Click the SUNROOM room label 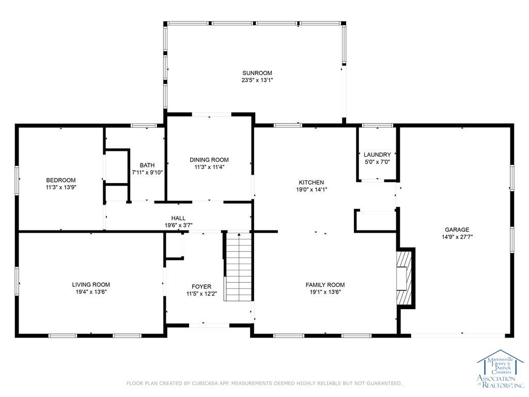click(x=257, y=73)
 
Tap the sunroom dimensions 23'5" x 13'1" click(x=257, y=80)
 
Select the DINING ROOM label click(x=209, y=160)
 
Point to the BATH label click(x=147, y=165)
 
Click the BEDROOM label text click(x=61, y=180)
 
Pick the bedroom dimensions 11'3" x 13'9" click(x=61, y=187)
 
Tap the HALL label click(x=178, y=218)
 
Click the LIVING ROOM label click(x=91, y=285)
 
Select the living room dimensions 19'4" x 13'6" click(x=91, y=292)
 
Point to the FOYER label click(x=201, y=286)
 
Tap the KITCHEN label click(x=312, y=182)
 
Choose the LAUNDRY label click(x=377, y=155)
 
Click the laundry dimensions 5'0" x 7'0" click(x=377, y=162)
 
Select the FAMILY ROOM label click(x=325, y=285)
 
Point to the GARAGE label click(x=457, y=230)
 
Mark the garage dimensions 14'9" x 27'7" click(x=457, y=237)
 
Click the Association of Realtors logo click(x=500, y=369)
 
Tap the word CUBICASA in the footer click(x=205, y=383)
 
